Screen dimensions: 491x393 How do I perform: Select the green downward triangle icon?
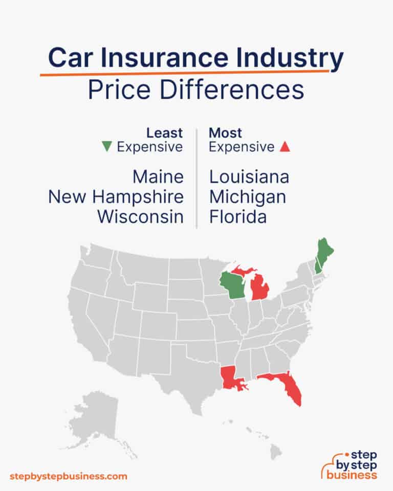click(x=107, y=147)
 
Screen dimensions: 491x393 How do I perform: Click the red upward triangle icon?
click(x=286, y=147)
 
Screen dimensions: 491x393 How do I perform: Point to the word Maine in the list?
click(x=158, y=177)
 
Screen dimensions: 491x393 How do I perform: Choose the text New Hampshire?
click(x=116, y=197)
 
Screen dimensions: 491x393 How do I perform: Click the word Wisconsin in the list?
click(x=140, y=217)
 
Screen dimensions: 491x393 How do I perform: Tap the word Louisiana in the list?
click(x=249, y=177)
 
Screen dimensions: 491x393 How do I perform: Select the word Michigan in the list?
click(x=248, y=197)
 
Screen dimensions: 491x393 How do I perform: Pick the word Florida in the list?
click(x=238, y=217)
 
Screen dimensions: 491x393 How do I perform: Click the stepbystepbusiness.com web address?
click(x=68, y=476)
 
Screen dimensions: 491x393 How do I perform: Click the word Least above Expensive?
click(x=164, y=133)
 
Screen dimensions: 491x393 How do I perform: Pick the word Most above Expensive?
click(x=225, y=133)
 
